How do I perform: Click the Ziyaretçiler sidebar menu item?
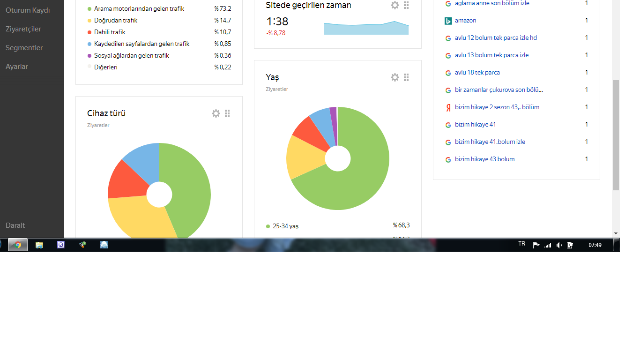[23, 29]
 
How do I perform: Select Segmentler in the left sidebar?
[24, 48]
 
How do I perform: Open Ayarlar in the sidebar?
[17, 67]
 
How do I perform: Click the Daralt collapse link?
[15, 225]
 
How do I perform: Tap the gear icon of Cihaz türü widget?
[216, 113]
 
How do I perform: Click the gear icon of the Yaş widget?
[395, 77]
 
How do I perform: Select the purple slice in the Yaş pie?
[334, 126]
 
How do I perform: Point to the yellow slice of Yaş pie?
[304, 156]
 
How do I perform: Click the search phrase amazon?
[465, 20]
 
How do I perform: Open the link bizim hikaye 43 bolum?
[484, 159]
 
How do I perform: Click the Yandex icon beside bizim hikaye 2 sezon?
[448, 107]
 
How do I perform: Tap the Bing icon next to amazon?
[448, 21]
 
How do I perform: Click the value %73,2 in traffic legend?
[223, 8]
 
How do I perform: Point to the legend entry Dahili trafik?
[110, 32]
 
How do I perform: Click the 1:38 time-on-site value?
[277, 22]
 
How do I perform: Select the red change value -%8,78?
[275, 33]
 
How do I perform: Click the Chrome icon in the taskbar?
[18, 245]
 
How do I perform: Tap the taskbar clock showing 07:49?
[595, 245]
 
